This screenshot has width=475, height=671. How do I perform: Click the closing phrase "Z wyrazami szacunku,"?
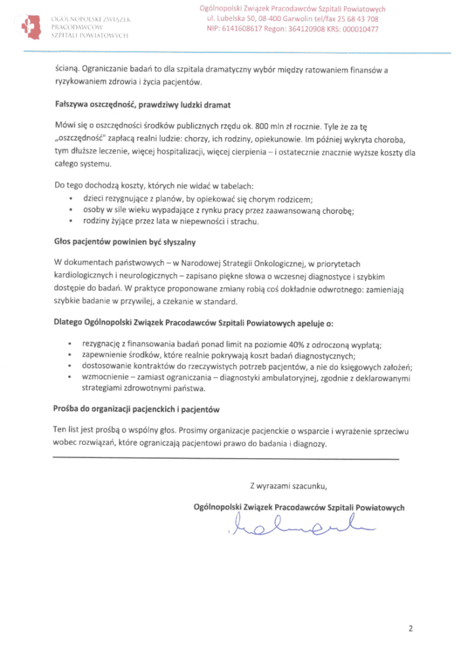pyautogui.click(x=288, y=486)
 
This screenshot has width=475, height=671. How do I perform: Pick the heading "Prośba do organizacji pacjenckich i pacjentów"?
pyautogui.click(x=136, y=409)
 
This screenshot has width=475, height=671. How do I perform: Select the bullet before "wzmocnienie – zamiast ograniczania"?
pyautogui.click(x=70, y=378)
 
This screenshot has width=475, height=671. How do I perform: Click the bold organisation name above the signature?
pyautogui.click(x=299, y=507)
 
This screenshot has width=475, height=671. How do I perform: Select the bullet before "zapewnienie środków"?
pyautogui.click(x=70, y=356)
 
